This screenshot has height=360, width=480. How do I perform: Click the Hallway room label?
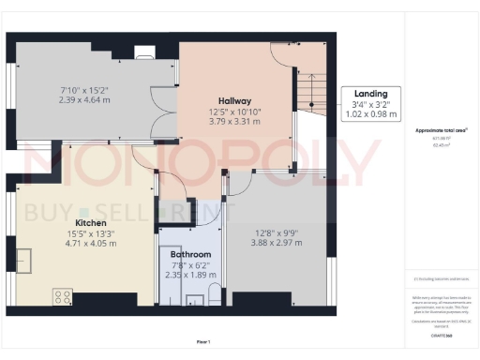234,100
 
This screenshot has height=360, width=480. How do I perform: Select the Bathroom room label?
190,254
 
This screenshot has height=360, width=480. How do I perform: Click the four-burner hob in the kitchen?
64,296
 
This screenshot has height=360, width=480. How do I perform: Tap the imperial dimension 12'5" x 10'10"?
234,110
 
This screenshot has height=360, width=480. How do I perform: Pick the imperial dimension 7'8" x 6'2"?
190,265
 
